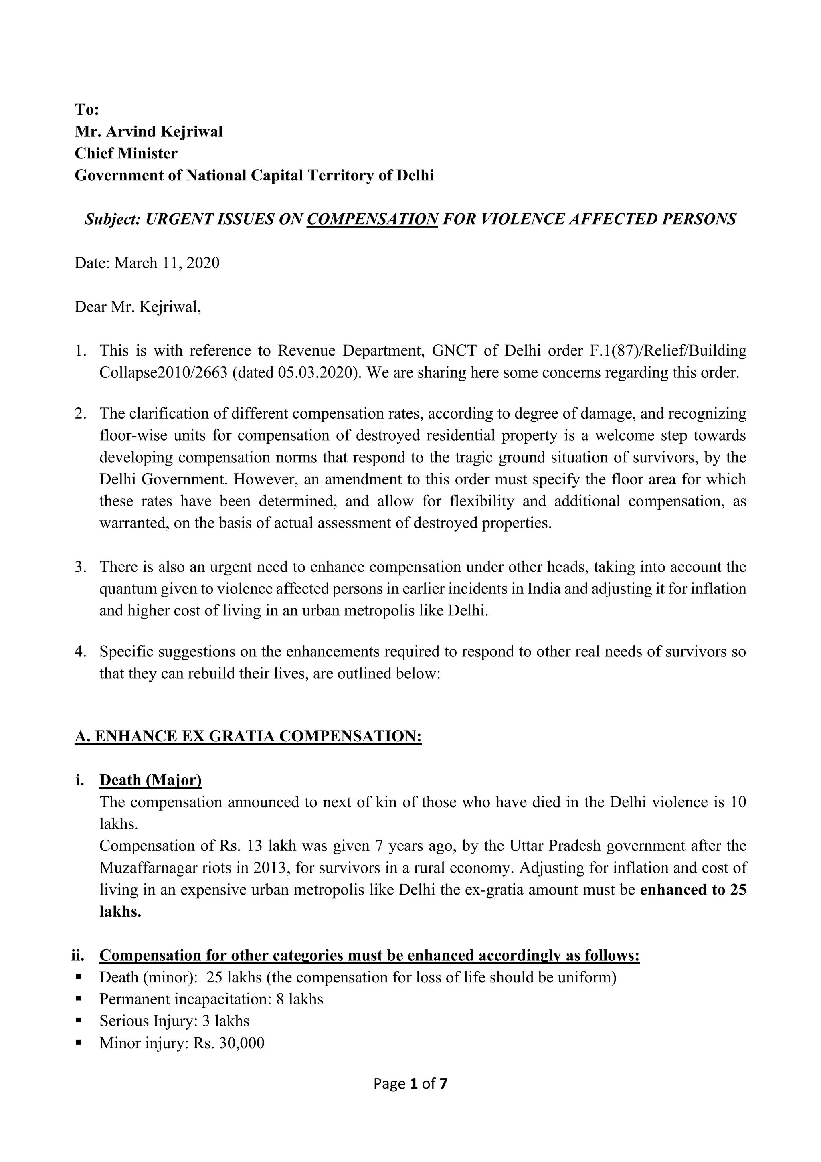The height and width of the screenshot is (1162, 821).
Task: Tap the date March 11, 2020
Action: coord(167,263)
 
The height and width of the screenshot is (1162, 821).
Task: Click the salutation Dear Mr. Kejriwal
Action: coord(138,307)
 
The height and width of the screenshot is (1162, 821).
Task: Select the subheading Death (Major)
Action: coord(150,780)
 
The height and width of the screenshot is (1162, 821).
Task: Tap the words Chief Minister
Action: coord(126,153)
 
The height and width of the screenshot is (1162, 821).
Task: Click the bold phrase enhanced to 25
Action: coord(693,890)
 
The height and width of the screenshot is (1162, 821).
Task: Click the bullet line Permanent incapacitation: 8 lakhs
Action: coord(211,999)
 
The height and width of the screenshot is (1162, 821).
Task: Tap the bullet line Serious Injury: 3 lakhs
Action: coord(174,1021)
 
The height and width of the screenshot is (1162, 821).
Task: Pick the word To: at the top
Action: coord(87,109)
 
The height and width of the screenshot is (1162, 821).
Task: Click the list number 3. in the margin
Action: coord(81,567)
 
